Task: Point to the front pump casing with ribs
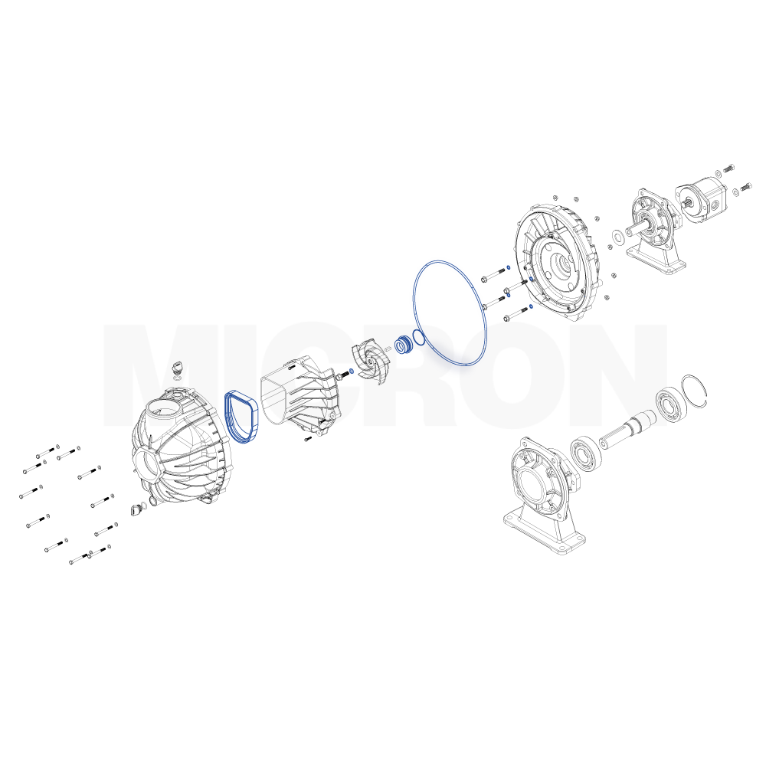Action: point(181,450)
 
